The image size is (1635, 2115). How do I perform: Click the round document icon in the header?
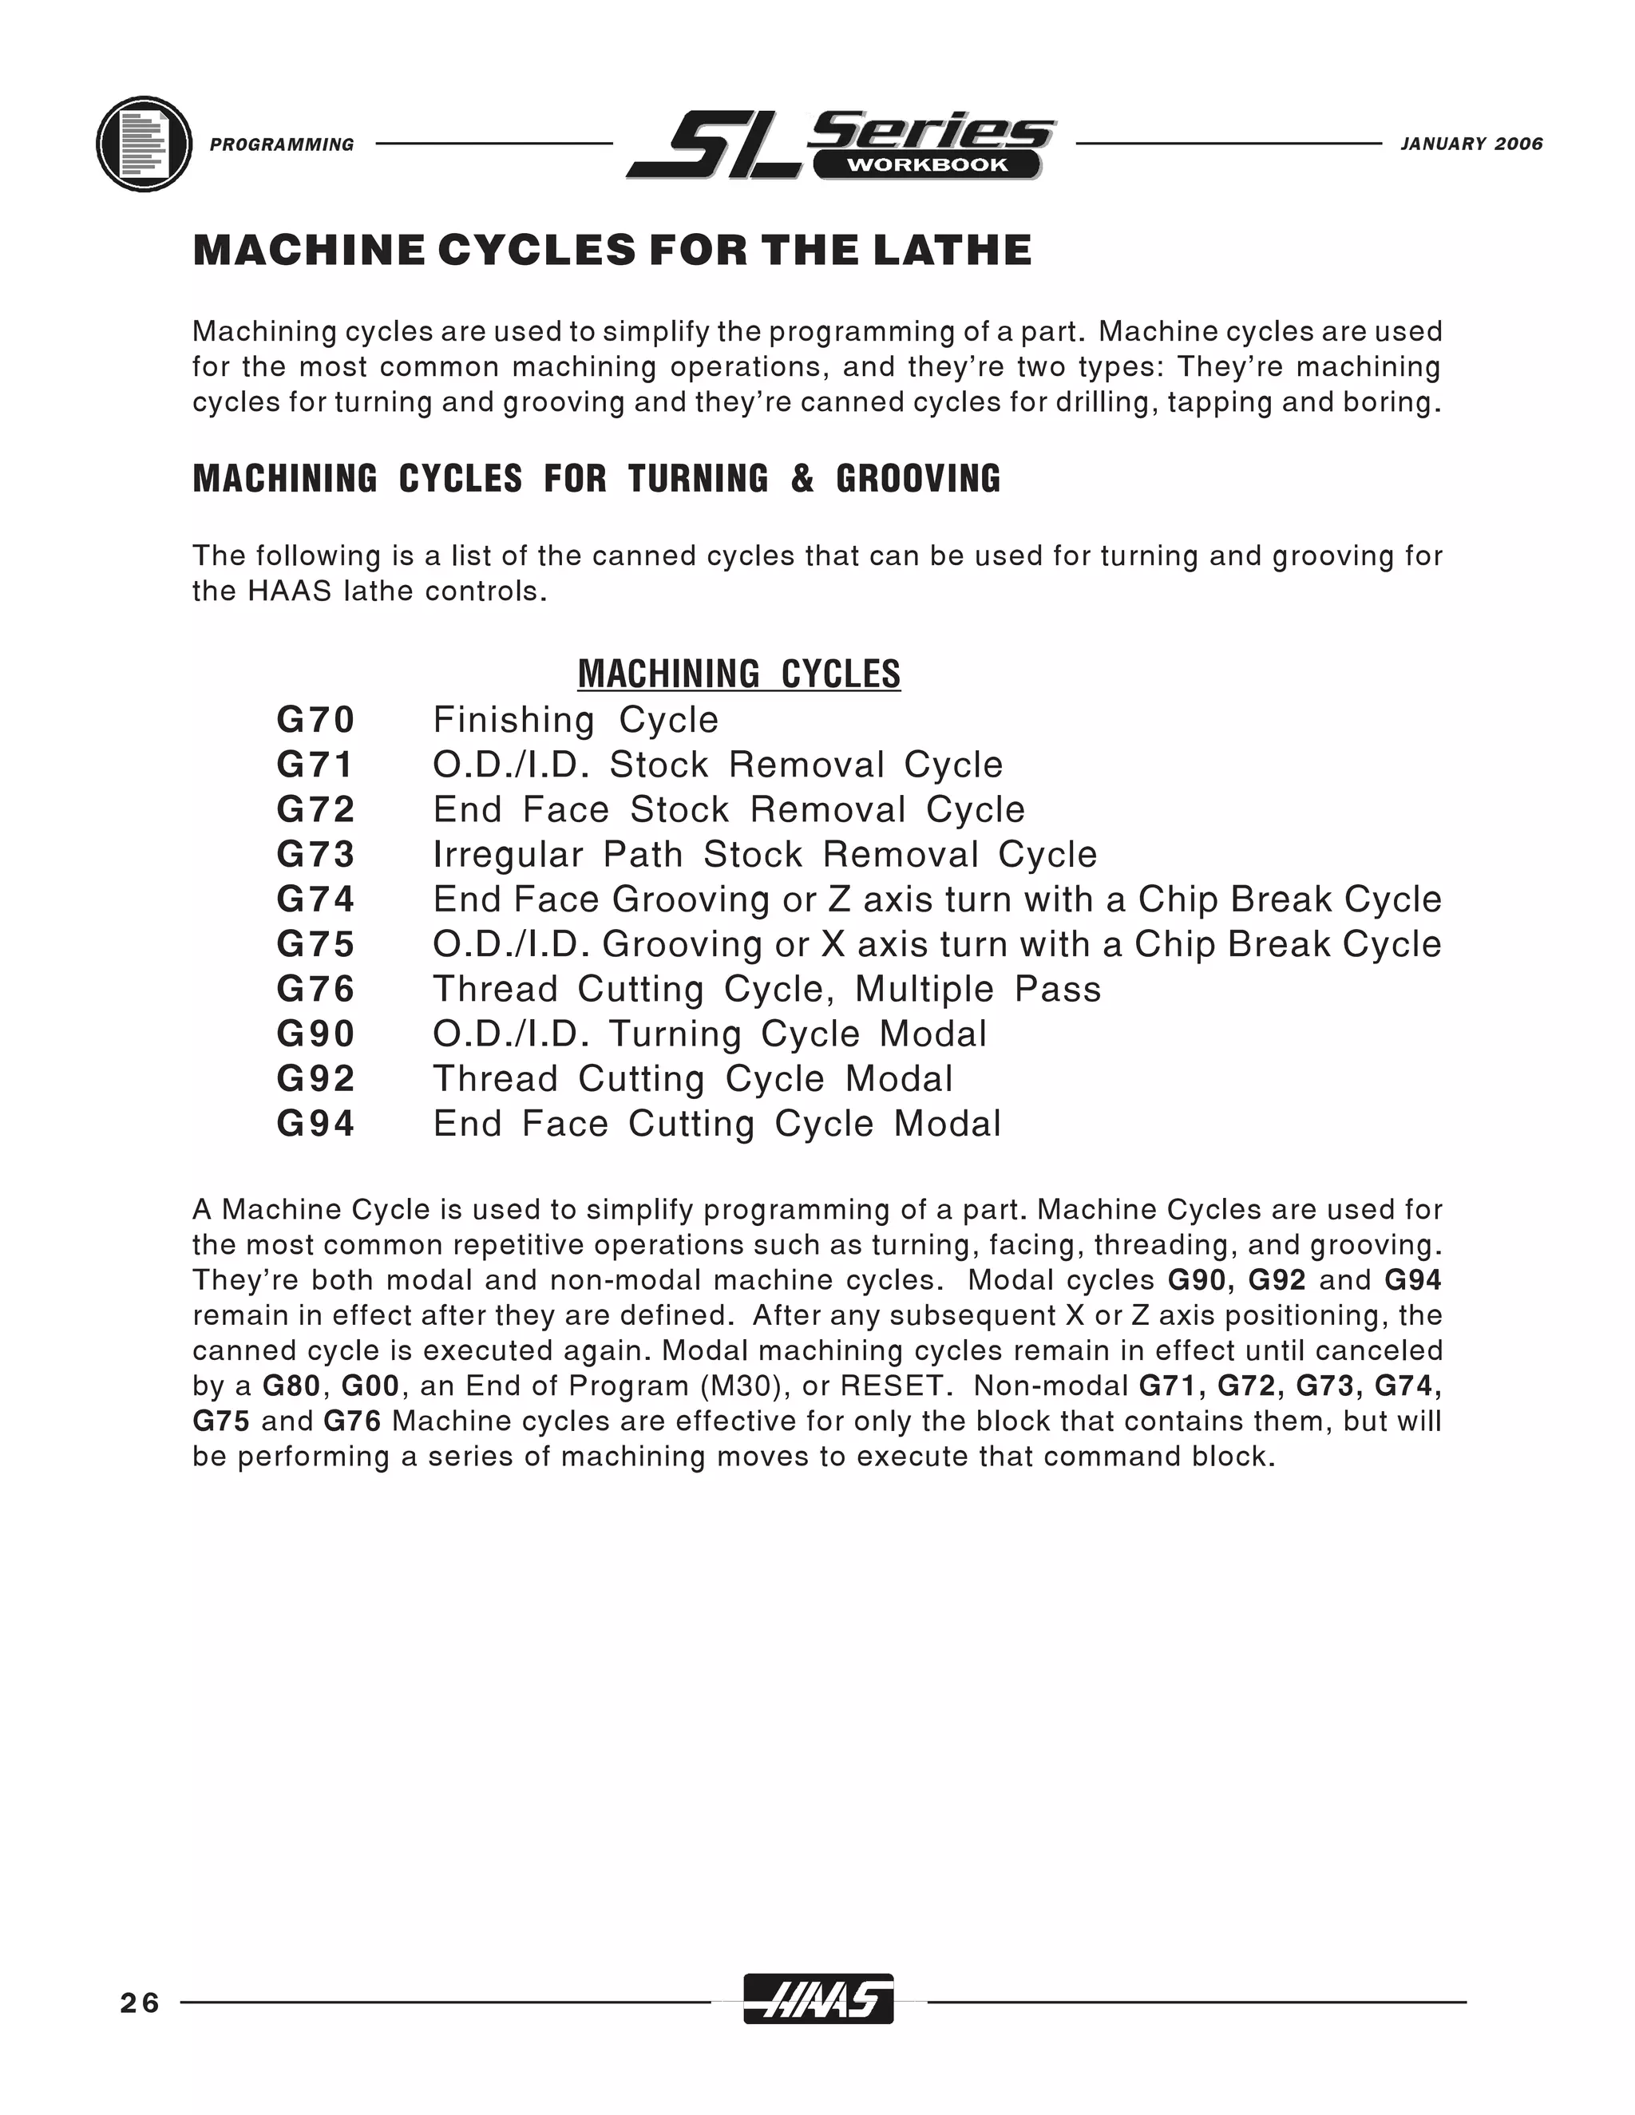pyautogui.click(x=144, y=144)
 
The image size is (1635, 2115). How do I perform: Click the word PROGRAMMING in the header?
pyautogui.click(x=282, y=145)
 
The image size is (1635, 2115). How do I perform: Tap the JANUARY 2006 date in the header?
pyautogui.click(x=1471, y=144)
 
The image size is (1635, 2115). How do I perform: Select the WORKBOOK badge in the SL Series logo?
pyautogui.click(x=927, y=164)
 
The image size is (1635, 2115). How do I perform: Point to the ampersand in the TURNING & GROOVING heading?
pyautogui.click(x=802, y=478)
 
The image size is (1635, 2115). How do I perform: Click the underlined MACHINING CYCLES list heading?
pyautogui.click(x=738, y=674)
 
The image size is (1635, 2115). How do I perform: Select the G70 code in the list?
pyautogui.click(x=316, y=720)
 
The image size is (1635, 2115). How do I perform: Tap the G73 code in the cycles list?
pyautogui.click(x=316, y=854)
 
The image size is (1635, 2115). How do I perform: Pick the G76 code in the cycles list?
pyautogui.click(x=316, y=989)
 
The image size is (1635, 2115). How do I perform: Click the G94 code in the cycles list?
pyautogui.click(x=316, y=1124)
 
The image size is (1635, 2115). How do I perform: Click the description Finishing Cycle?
pyautogui.click(x=576, y=720)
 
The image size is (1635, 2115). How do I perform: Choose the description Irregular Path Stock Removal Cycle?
pyautogui.click(x=764, y=854)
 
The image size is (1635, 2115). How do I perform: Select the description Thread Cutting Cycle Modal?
pyautogui.click(x=692, y=1079)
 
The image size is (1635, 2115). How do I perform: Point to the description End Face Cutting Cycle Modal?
pyautogui.click(x=717, y=1124)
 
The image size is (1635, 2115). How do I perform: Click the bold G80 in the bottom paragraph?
pyautogui.click(x=291, y=1386)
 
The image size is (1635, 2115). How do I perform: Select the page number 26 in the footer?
pyautogui.click(x=141, y=2002)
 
